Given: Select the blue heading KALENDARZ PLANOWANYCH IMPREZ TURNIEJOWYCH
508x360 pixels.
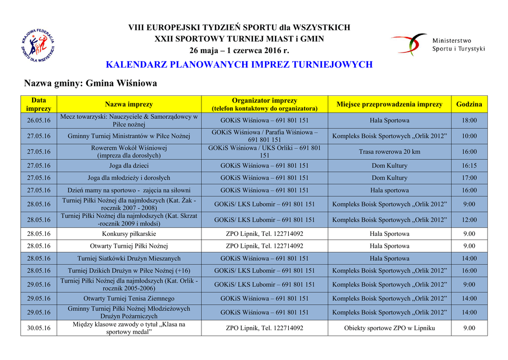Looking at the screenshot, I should click(239, 65).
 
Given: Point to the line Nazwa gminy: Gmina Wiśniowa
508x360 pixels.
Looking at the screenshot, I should click(91, 83).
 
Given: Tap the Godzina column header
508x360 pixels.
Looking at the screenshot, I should click(469, 104).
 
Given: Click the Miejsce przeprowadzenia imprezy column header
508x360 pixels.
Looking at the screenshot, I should click(389, 104).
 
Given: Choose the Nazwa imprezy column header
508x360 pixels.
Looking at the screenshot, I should click(129, 104).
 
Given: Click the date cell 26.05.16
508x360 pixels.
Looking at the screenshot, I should click(39, 121).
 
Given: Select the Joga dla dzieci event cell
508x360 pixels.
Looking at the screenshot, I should click(129, 166).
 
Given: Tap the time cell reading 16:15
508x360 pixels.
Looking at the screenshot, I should click(469, 166).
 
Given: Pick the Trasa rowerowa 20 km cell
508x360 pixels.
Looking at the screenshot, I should click(389, 151).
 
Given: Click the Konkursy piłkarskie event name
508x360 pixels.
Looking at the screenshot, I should click(129, 234).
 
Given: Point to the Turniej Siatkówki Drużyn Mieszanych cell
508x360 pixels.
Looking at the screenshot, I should click(129, 258).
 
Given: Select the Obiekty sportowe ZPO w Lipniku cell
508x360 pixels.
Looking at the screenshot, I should click(389, 328).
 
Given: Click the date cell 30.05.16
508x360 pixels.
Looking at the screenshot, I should click(39, 328).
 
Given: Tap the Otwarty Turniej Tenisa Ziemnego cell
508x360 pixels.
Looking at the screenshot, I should click(129, 298).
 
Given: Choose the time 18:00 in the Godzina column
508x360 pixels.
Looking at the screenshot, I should click(469, 121).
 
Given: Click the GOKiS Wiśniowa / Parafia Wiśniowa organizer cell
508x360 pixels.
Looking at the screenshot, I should click(264, 136).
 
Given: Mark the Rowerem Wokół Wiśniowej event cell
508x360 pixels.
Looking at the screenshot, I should click(129, 151).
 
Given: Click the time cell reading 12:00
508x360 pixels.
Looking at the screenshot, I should click(469, 219).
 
